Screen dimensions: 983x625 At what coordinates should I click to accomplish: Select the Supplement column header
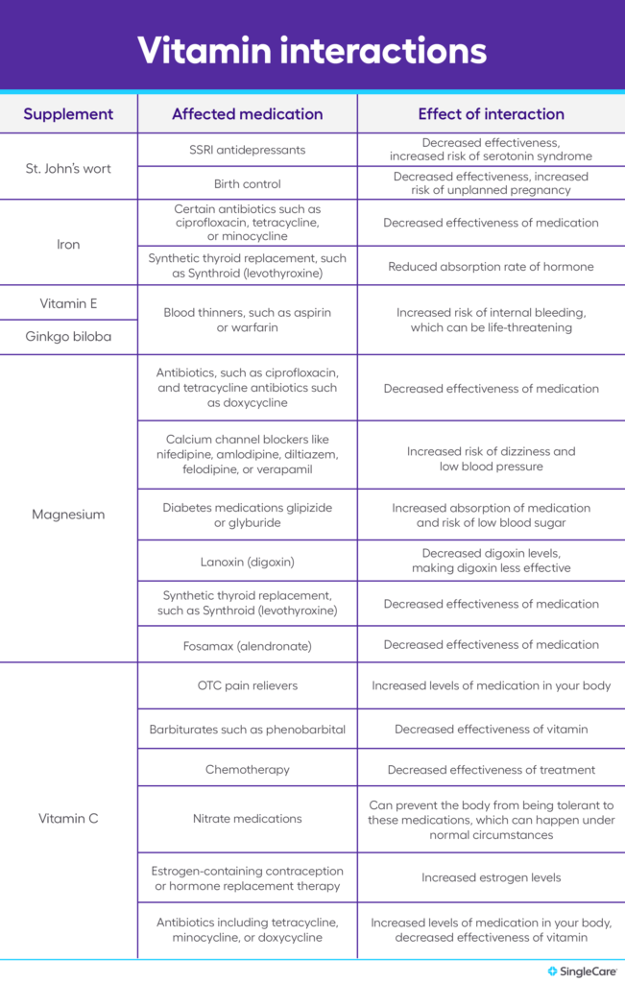click(x=68, y=114)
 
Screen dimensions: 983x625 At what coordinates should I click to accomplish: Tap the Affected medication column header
click(x=247, y=114)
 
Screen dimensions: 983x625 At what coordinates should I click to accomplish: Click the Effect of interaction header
click(x=491, y=114)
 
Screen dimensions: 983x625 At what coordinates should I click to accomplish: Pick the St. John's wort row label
click(x=68, y=168)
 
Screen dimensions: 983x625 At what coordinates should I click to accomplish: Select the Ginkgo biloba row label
click(x=68, y=338)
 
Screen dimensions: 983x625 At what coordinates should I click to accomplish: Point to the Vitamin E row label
click(x=68, y=303)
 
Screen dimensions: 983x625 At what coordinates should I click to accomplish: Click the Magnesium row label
click(x=68, y=515)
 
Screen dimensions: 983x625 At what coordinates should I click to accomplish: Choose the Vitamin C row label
click(x=68, y=819)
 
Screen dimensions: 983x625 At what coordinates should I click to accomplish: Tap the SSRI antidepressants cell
click(x=247, y=150)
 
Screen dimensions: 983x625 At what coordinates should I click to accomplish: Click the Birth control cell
click(x=247, y=183)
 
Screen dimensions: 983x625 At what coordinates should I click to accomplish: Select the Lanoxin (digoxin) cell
click(x=247, y=561)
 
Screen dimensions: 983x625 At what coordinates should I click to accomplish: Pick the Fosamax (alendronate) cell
click(x=247, y=645)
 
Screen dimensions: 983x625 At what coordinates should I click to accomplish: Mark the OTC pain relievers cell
click(x=247, y=686)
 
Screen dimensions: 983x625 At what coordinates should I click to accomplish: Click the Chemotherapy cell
click(x=247, y=770)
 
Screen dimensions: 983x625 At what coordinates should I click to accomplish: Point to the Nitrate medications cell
click(x=247, y=819)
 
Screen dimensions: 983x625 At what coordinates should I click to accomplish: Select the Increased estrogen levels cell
click(x=491, y=877)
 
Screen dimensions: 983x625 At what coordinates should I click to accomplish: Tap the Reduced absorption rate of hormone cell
click(x=491, y=267)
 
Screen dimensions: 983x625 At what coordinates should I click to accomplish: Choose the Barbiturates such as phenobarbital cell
click(x=247, y=730)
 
